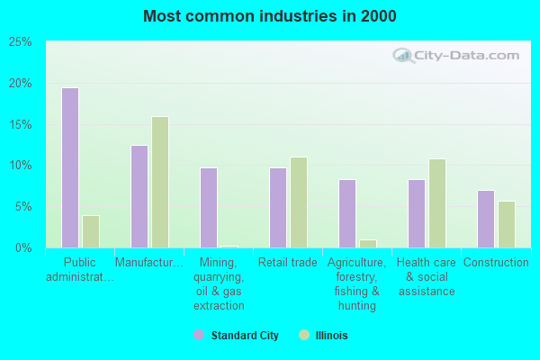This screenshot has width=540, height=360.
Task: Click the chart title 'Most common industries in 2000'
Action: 269,16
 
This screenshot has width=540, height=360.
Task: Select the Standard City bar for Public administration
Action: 70,167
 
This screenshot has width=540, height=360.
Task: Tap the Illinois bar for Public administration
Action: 91,231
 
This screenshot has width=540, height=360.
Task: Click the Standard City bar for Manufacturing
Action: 139,196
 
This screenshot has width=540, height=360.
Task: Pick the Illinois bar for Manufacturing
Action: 160,182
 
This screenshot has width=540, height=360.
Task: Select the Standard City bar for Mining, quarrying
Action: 209,207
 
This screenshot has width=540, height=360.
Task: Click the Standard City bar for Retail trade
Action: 278,207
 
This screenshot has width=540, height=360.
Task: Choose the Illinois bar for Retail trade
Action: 299,202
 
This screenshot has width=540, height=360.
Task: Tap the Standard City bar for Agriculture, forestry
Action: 347,213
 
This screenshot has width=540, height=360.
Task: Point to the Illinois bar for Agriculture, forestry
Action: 368,243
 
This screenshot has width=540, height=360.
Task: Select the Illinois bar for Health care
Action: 437,203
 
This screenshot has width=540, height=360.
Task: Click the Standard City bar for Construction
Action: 486,219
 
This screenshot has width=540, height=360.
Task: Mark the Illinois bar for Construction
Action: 507,224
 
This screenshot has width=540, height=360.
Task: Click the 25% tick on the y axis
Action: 21,42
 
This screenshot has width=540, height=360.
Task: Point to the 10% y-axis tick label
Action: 21,166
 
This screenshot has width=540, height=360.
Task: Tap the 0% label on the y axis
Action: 23,247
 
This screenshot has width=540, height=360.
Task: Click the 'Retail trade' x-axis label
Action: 288,263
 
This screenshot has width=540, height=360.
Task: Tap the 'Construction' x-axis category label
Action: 496,263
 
